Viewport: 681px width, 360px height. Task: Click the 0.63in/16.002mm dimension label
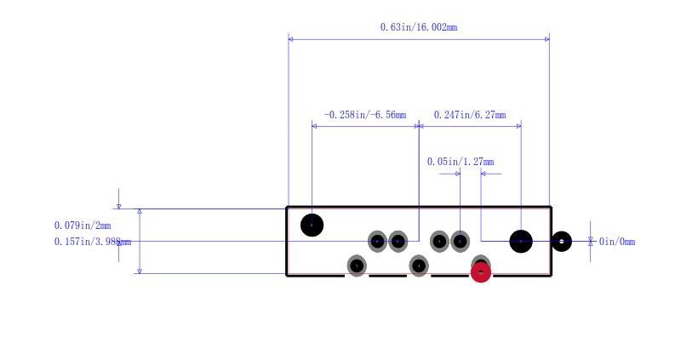coord(418,27)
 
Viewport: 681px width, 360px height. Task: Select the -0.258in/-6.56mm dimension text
coord(364,115)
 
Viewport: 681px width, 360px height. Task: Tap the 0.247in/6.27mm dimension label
coord(469,115)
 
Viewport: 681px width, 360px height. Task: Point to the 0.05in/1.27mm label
coord(460,162)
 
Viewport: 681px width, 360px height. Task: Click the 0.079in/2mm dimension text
coord(82,226)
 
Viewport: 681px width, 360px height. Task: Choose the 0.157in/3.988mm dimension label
coord(91,242)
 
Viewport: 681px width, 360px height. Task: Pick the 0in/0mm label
coord(617,242)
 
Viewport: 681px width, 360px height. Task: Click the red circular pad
coord(481,272)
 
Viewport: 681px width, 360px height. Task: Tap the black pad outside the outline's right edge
coord(561,242)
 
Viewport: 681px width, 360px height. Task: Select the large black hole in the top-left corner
coord(312,225)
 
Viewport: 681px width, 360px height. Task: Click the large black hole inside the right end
coord(521,242)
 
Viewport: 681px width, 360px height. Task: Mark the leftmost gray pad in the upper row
coord(377,242)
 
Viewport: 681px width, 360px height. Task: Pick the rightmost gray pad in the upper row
coord(460,242)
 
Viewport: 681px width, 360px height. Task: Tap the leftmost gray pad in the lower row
coord(357,266)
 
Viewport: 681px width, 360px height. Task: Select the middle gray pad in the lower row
coord(419,266)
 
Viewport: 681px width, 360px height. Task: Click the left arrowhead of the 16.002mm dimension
coord(291,38)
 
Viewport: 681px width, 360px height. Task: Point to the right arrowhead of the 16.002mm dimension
coord(547,38)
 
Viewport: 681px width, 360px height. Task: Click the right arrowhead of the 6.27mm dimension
coord(518,126)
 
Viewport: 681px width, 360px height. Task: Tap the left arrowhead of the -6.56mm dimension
coord(315,126)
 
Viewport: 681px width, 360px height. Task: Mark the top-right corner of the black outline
coord(551,207)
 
